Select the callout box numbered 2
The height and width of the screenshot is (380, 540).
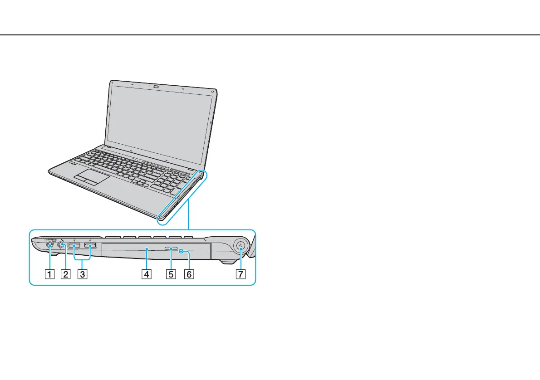click(66, 274)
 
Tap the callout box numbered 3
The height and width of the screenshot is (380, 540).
click(82, 274)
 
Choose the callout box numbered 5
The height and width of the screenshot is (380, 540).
click(171, 274)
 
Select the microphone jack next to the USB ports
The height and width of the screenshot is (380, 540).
click(61, 246)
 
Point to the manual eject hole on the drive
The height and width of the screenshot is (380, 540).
click(181, 250)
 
